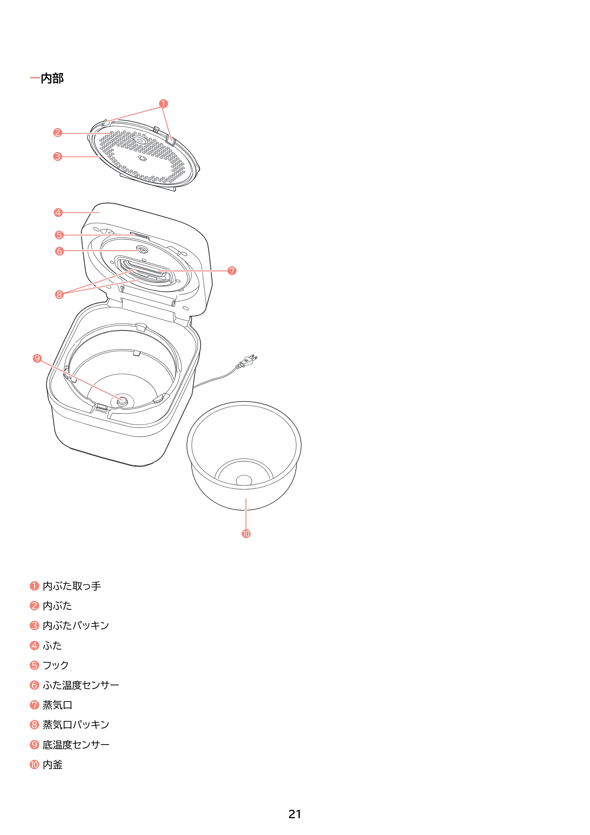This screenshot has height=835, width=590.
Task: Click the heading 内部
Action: click(52, 78)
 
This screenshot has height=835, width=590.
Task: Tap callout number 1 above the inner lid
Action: click(164, 104)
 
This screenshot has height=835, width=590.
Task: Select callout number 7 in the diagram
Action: click(232, 271)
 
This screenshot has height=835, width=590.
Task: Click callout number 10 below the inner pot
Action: click(246, 534)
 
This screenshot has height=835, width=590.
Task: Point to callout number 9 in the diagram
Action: click(37, 358)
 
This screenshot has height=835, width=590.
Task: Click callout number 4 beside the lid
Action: click(58, 213)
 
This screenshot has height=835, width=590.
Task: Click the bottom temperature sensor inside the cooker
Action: click(122, 401)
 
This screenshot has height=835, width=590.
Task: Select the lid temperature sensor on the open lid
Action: click(141, 250)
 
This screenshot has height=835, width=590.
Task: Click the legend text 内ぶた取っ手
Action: click(72, 586)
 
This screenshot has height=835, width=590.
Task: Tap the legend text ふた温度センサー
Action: click(81, 685)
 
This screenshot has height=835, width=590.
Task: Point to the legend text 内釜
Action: click(53, 764)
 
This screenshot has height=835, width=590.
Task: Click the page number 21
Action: click(295, 814)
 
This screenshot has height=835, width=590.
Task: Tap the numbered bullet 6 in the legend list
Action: click(34, 685)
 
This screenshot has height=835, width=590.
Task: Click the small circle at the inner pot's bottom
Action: click(244, 480)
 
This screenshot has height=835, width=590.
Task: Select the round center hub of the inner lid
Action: click(140, 140)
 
